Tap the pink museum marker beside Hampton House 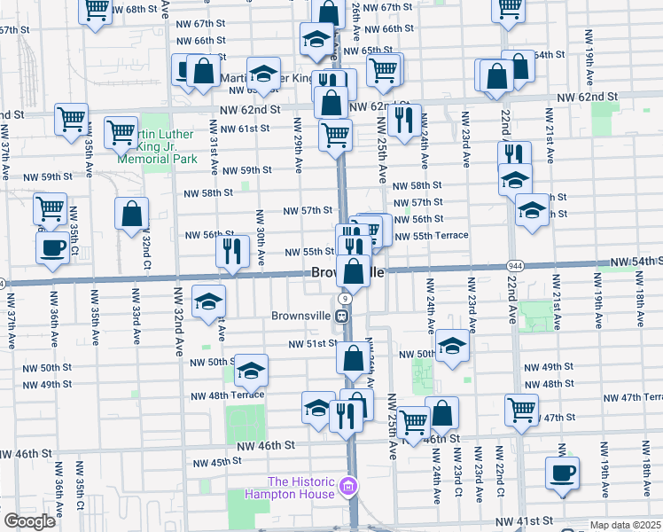coord(348,486)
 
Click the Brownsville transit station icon coord(341,316)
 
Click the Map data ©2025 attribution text coord(625,525)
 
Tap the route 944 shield coord(514,266)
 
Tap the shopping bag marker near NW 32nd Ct coord(131,214)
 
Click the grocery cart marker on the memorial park coord(121,132)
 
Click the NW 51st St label coord(315,344)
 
